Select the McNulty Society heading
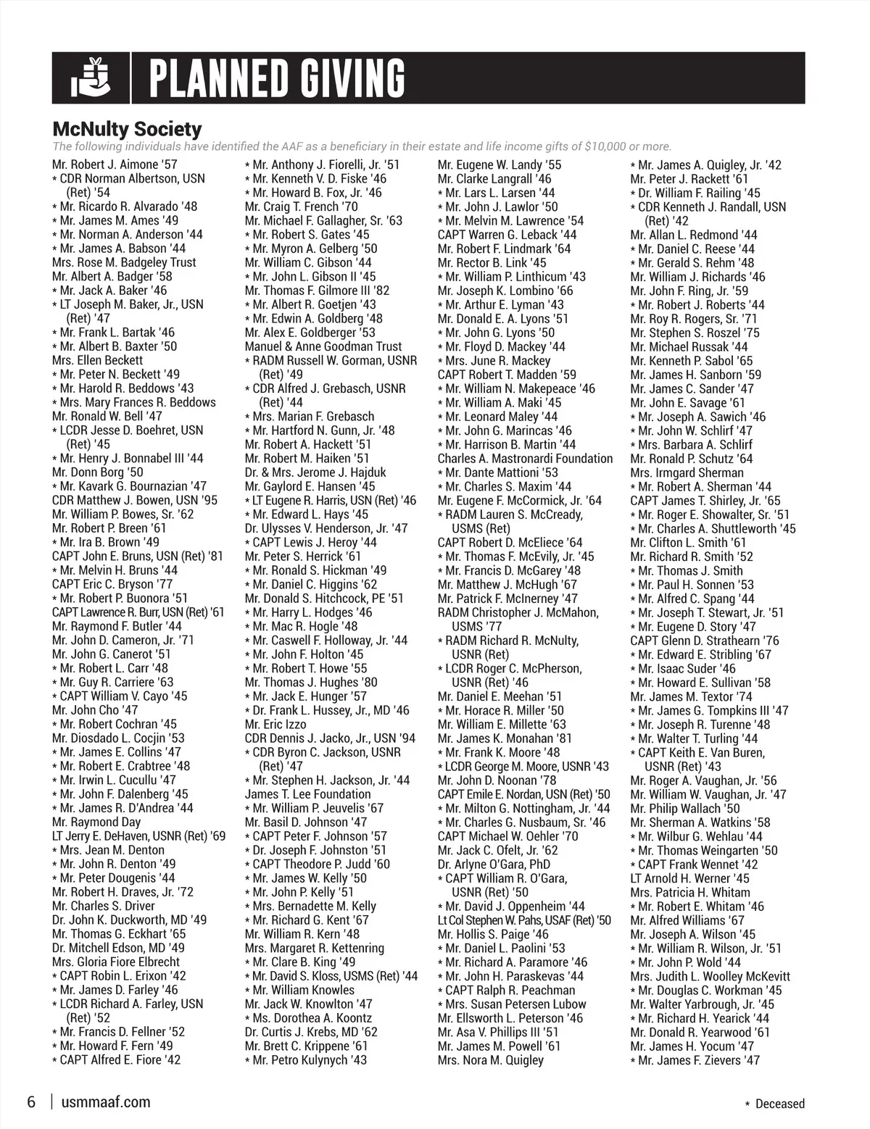(127, 130)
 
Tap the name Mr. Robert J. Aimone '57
(115, 164)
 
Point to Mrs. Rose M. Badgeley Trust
(124, 262)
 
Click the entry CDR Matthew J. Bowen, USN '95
(134, 500)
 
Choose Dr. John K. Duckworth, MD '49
(129, 920)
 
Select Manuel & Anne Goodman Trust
(323, 346)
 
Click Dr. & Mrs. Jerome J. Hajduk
(315, 472)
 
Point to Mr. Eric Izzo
(275, 724)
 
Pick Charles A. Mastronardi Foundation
(525, 458)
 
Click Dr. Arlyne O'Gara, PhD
(494, 864)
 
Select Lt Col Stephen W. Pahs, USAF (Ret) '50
(523, 920)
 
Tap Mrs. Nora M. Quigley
(490, 1060)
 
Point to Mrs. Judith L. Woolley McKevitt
(710, 976)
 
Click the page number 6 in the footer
(31, 1102)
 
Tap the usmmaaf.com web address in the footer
(107, 1102)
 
